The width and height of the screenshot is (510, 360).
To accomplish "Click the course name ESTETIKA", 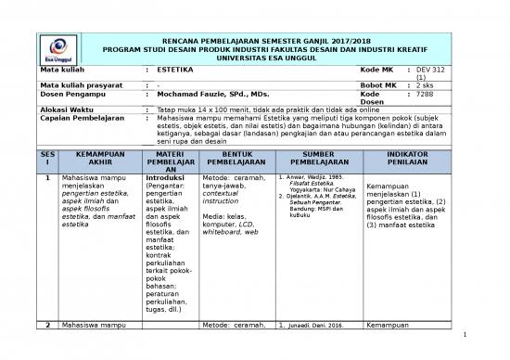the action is pyautogui.click(x=175, y=71).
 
